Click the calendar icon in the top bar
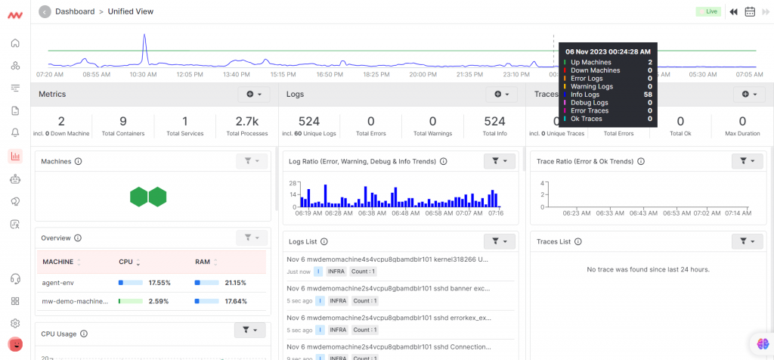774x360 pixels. click(x=750, y=11)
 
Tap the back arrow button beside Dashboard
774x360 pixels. click(x=44, y=11)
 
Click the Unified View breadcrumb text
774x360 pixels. click(x=132, y=11)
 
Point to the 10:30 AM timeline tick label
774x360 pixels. click(x=143, y=74)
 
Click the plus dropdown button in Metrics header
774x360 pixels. click(x=253, y=94)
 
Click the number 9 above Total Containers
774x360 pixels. click(x=123, y=121)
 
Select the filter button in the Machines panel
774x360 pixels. click(x=251, y=161)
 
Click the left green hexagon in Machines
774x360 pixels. click(x=139, y=197)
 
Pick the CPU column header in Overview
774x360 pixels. click(x=125, y=262)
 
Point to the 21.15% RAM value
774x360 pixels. click(x=234, y=282)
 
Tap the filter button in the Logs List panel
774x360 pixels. click(x=500, y=241)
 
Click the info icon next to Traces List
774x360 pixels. click(x=577, y=242)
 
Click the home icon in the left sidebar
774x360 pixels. click(x=15, y=43)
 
